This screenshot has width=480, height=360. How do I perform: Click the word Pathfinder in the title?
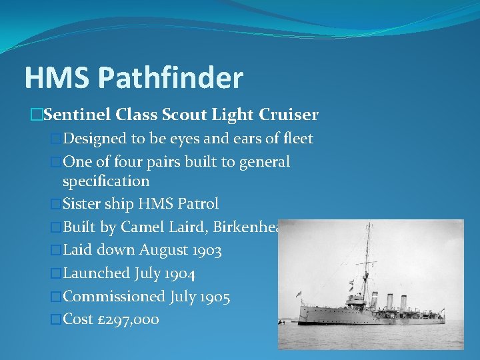(x=171, y=78)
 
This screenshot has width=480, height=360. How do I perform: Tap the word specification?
(x=105, y=181)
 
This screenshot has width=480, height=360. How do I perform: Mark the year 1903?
(x=204, y=251)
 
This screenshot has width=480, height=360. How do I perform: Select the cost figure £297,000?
(x=128, y=319)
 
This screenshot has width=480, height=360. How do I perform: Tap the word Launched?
(x=96, y=273)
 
